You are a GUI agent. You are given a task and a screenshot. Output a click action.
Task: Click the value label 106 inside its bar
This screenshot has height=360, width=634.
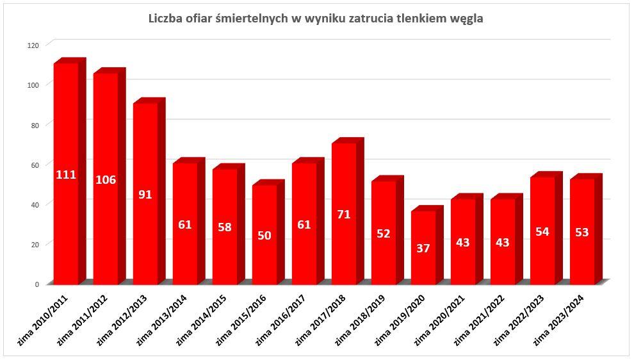click(x=106, y=180)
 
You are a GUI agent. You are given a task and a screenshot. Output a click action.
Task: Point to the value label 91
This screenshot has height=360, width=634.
click(x=145, y=194)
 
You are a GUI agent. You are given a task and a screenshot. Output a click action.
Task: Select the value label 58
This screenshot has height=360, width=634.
click(x=225, y=227)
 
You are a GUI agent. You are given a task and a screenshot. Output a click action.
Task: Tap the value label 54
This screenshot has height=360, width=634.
click(x=542, y=231)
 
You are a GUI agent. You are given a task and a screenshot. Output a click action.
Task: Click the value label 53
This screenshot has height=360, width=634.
click(x=582, y=232)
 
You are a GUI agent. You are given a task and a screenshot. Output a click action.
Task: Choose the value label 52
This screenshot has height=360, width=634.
click(x=384, y=234)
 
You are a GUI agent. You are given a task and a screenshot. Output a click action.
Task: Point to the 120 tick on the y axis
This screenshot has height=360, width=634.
click(x=33, y=45)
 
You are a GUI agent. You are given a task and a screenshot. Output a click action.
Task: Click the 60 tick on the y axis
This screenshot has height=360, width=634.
click(x=35, y=165)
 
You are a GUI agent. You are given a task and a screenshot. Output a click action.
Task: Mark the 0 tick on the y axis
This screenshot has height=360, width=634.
click(x=37, y=284)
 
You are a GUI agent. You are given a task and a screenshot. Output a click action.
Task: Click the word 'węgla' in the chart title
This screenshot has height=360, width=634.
click(x=467, y=19)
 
